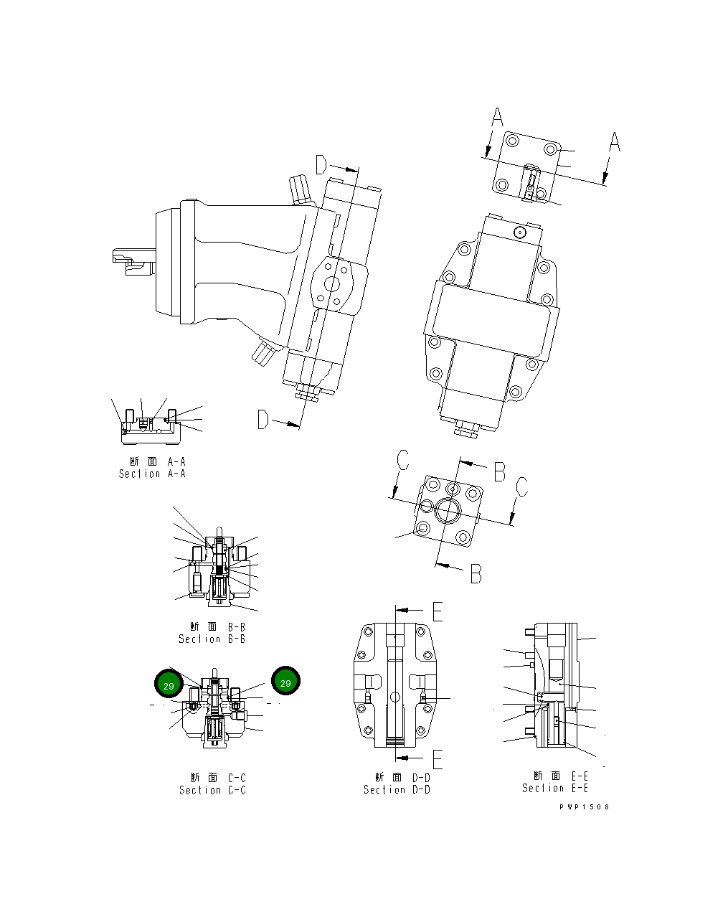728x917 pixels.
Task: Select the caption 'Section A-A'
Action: tap(152, 474)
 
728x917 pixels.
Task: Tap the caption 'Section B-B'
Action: tap(212, 639)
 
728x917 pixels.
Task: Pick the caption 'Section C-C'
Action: tap(212, 790)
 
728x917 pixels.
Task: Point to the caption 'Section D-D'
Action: tap(397, 789)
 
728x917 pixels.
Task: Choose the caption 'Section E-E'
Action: tap(555, 788)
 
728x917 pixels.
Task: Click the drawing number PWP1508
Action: tap(585, 807)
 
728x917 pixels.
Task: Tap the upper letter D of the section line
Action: tap(322, 166)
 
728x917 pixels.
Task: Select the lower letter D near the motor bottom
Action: tap(264, 420)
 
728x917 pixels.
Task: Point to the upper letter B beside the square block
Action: tap(499, 471)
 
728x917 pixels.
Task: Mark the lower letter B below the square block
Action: tap(476, 573)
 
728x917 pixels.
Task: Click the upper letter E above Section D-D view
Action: tap(438, 611)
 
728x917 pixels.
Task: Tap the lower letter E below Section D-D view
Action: tap(438, 759)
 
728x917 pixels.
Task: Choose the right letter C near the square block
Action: tap(522, 486)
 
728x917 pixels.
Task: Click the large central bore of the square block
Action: tap(450, 510)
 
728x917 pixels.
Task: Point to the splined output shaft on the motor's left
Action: tap(133, 260)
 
